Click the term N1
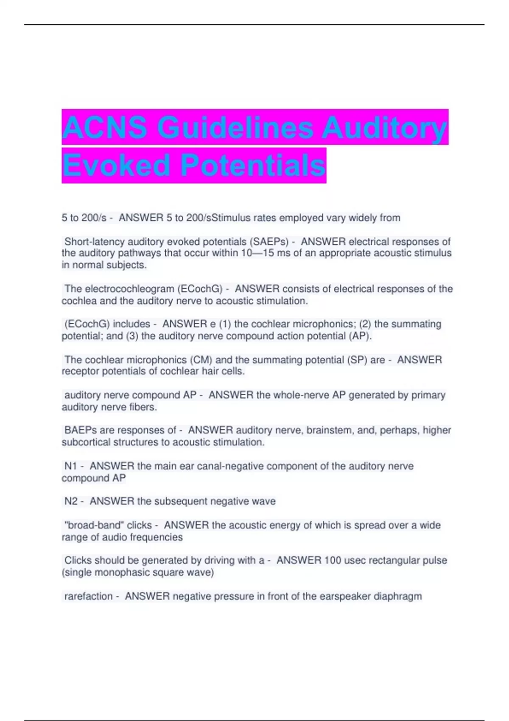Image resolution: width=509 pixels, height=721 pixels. tap(70, 466)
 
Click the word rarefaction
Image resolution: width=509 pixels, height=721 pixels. tap(88, 596)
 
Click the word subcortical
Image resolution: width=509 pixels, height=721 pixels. tap(86, 442)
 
